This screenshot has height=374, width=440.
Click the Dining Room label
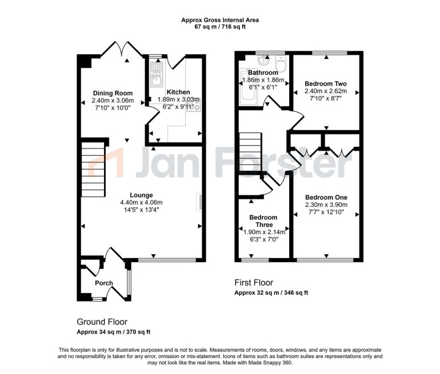tap(113, 94)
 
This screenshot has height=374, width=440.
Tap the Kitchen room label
tap(178, 92)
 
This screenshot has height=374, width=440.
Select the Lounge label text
tap(141, 195)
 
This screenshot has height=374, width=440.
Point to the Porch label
tap(104, 283)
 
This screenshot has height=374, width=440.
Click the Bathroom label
tap(263, 73)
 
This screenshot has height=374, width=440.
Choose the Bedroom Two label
tap(325, 83)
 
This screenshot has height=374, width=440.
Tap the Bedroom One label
tap(326, 198)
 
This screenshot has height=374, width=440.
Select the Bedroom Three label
tap(264, 221)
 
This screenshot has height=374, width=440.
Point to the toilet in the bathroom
tap(279, 62)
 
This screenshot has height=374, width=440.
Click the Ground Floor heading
tap(102, 322)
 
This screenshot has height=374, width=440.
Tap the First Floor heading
tap(254, 283)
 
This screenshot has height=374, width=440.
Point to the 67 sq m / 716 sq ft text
tap(220, 27)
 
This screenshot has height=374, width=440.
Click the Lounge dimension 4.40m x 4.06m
tap(141, 202)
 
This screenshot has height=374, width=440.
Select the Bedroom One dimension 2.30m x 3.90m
tap(326, 205)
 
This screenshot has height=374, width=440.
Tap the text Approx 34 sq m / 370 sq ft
tap(113, 332)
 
